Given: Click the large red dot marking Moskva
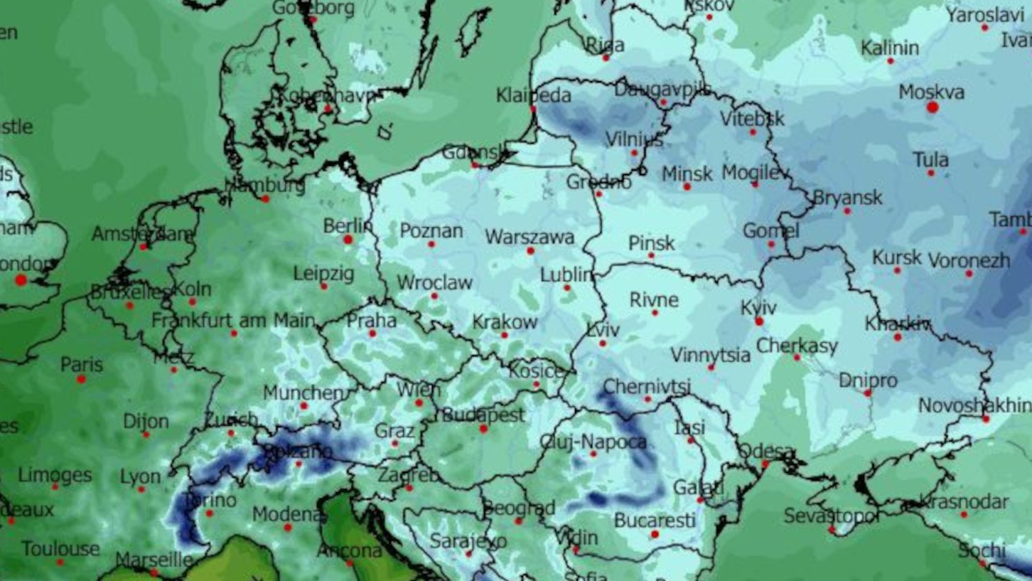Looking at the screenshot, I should pyautogui.click(x=932, y=107).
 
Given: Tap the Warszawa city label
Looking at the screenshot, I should pyautogui.click(x=529, y=237).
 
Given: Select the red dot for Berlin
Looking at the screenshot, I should pyautogui.click(x=348, y=240).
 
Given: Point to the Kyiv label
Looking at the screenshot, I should pyautogui.click(x=758, y=308).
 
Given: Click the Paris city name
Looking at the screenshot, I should pyautogui.click(x=81, y=364).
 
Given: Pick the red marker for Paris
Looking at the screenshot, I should pyautogui.click(x=81, y=379).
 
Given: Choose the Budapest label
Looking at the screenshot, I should pyautogui.click(x=483, y=415).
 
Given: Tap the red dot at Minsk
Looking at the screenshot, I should pyautogui.click(x=687, y=187).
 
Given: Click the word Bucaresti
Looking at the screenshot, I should pyautogui.click(x=654, y=520).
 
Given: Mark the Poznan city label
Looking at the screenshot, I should pyautogui.click(x=431, y=231).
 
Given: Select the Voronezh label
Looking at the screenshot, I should pyautogui.click(x=969, y=261).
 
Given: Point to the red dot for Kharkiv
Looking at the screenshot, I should pyautogui.click(x=897, y=337).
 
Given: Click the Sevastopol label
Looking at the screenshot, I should pyautogui.click(x=831, y=516).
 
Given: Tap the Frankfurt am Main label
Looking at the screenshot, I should pyautogui.click(x=233, y=320).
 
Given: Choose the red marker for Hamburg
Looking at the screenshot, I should pyautogui.click(x=266, y=199).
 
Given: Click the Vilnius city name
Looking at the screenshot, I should pyautogui.click(x=634, y=140).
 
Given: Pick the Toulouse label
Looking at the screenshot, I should pyautogui.click(x=61, y=549).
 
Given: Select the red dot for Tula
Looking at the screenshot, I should pyautogui.click(x=930, y=173).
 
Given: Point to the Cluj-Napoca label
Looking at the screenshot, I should pyautogui.click(x=593, y=442).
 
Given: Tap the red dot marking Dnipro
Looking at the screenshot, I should pyautogui.click(x=868, y=393).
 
